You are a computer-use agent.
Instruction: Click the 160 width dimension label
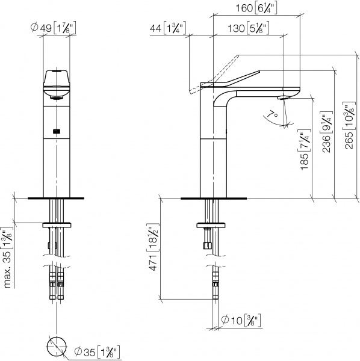pyautogui.click(x=256, y=9)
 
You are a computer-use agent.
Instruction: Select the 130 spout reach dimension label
pyautogui.click(x=249, y=28)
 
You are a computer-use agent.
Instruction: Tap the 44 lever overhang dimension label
pyautogui.click(x=168, y=28)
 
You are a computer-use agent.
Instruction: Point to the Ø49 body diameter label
pyautogui.click(x=53, y=28)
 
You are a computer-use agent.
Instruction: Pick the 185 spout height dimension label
pyautogui.click(x=305, y=150)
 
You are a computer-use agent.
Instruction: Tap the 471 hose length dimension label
pyautogui.click(x=153, y=247)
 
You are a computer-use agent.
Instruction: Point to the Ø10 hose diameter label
pyautogui.click(x=241, y=320)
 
